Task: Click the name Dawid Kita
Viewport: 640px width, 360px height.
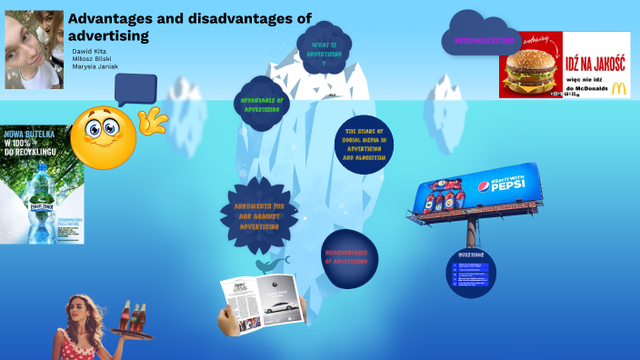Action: pyautogui.click(x=90, y=52)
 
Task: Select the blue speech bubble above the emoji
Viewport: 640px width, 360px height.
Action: pyautogui.click(x=135, y=89)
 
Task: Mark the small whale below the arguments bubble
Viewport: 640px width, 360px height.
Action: pyautogui.click(x=269, y=264)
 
